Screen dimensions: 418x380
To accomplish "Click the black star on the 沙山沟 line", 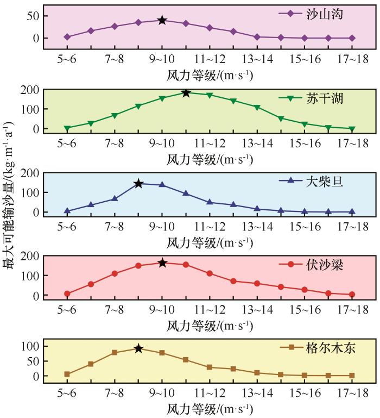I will tap(162, 20).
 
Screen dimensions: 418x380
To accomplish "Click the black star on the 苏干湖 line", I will tap(186, 93).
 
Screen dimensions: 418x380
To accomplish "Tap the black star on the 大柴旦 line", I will tap(138, 184).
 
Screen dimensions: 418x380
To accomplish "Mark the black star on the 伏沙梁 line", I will tap(162, 263).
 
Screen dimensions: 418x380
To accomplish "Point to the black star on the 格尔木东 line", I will tap(138, 348).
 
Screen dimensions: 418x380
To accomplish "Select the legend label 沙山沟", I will tap(325, 13).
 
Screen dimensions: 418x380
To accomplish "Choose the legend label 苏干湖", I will tap(325, 98).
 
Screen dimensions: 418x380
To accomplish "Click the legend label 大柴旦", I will tap(325, 182).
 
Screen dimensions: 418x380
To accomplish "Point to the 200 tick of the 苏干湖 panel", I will tap(29, 90).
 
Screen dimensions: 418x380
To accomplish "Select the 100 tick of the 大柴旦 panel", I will tap(29, 192).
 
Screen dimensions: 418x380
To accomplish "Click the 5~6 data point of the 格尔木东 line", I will tap(67, 374).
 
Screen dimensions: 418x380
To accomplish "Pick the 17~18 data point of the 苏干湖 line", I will tap(352, 129).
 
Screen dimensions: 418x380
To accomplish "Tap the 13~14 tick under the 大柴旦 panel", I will tap(257, 227).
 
